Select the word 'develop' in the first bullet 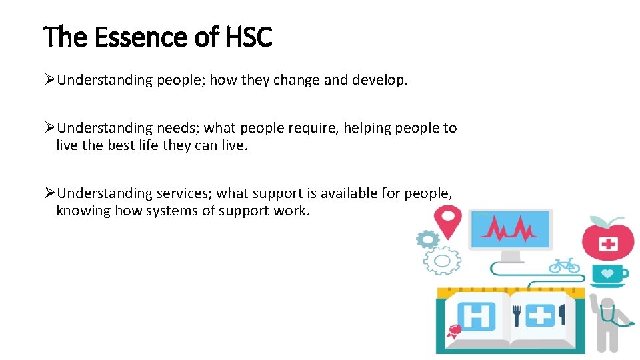pyautogui.click(x=381, y=81)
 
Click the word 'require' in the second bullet pyautogui.click(x=313, y=128)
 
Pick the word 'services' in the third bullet pyautogui.click(x=184, y=193)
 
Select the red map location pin pyautogui.click(x=447, y=221)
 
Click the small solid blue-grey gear pyautogui.click(x=427, y=238)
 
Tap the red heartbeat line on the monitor pyautogui.click(x=511, y=230)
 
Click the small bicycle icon pyautogui.click(x=564, y=265)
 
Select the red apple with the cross pyautogui.click(x=607, y=241)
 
